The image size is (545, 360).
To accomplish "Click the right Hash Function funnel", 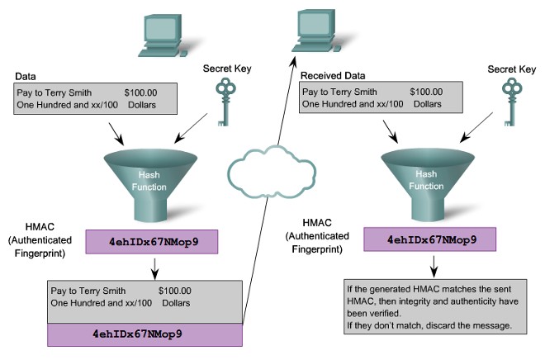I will (x=423, y=182).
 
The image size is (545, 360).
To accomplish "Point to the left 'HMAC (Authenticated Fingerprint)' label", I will (x=40, y=240).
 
